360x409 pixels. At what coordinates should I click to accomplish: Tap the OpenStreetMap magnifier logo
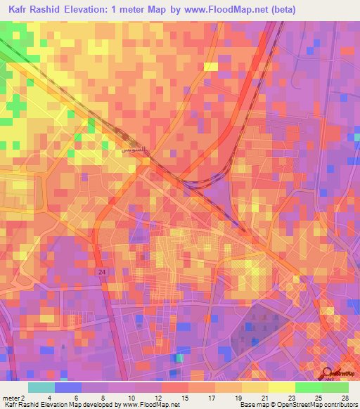point(328,373)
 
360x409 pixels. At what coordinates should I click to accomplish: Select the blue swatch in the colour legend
point(67,387)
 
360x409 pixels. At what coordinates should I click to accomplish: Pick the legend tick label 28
point(344,398)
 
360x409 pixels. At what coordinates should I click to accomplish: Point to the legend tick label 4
point(50,398)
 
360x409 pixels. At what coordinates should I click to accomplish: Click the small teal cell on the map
point(181,358)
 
